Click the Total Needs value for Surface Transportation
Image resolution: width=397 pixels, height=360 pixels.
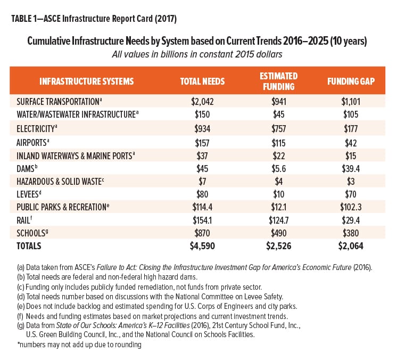202,102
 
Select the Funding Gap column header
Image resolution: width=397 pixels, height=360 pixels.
351,81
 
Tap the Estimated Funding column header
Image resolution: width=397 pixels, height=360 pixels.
278,81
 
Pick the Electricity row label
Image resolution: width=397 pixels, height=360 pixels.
37,129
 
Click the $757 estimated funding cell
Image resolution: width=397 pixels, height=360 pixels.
278,129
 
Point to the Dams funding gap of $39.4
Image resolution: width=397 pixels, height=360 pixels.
351,168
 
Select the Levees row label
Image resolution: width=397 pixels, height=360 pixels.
29,194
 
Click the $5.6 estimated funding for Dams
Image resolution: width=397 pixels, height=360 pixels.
278,168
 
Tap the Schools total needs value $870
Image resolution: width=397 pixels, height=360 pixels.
202,233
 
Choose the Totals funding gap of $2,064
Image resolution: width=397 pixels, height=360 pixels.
351,246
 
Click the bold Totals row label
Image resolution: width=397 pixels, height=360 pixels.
29,246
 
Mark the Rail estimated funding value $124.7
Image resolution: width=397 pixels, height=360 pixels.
278,220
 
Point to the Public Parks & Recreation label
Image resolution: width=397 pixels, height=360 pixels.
63,207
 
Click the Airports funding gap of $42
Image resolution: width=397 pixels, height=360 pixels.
351,143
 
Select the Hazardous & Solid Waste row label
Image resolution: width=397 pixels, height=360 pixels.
60,182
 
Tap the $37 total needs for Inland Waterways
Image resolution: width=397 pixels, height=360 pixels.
202,156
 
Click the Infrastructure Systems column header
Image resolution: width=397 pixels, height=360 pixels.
87,81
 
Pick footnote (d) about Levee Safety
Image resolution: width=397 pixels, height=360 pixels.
150,297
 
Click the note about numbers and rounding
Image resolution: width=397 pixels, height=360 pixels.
79,345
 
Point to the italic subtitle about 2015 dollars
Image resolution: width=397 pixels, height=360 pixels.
197,54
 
